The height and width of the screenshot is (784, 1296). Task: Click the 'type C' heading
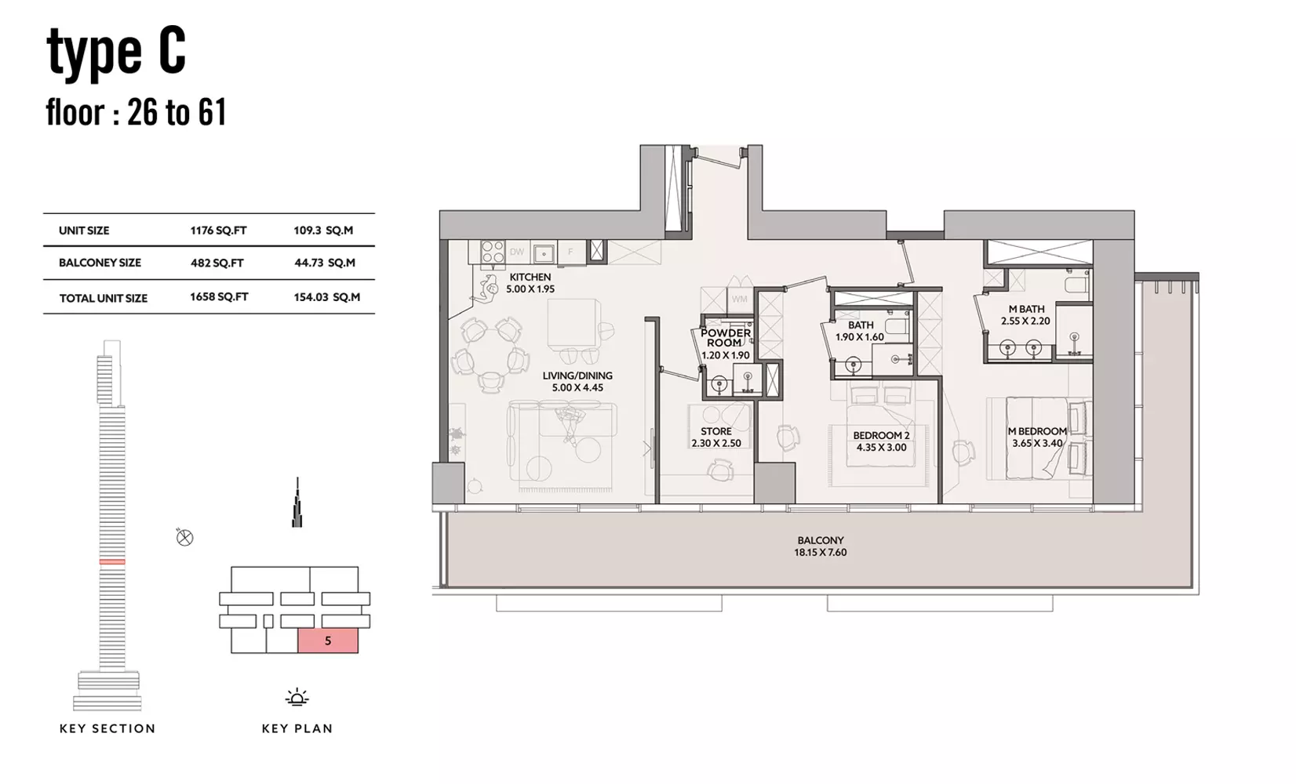click(x=116, y=53)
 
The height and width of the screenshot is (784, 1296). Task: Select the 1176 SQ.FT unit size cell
click(x=218, y=230)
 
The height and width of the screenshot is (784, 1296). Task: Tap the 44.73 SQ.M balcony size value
click(x=325, y=263)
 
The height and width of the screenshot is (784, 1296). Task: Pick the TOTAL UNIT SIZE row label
click(x=104, y=299)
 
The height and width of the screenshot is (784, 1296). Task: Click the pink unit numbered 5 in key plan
click(x=328, y=641)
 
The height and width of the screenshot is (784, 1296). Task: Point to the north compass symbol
click(x=184, y=538)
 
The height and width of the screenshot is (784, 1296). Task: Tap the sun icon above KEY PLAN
click(x=297, y=697)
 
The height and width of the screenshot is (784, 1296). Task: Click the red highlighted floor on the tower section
click(x=111, y=561)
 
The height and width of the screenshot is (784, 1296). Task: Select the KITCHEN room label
click(x=530, y=277)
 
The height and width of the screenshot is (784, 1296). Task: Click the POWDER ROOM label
click(x=726, y=338)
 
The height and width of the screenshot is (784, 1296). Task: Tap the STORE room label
click(x=716, y=431)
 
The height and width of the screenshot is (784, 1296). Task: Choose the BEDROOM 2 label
click(x=881, y=435)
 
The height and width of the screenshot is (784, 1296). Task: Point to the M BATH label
click(x=1026, y=310)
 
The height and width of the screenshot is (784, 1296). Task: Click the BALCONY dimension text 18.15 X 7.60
click(x=821, y=552)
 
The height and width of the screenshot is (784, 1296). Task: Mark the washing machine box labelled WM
click(x=740, y=299)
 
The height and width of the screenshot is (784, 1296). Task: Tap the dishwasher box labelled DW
click(x=517, y=252)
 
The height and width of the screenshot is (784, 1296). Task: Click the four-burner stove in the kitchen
click(x=493, y=252)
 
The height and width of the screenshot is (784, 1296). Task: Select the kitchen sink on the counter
click(x=544, y=252)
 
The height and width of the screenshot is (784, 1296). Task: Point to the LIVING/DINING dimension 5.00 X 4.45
click(x=577, y=387)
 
